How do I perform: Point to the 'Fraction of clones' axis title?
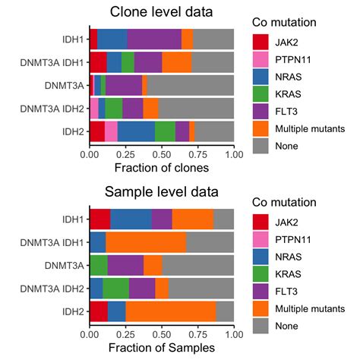[162, 166]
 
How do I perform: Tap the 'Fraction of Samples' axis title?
[162, 347]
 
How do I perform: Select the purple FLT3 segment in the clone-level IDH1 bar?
[154, 39]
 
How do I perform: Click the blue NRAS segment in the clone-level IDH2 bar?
[136, 131]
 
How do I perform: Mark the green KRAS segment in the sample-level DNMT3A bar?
[99, 265]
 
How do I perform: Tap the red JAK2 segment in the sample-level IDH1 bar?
[99, 219]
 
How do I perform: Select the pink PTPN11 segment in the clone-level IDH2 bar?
[111, 131]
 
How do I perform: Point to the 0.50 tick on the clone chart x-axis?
[162, 153]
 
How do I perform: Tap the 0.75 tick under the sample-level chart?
[198, 333]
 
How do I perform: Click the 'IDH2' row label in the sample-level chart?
[73, 311]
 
